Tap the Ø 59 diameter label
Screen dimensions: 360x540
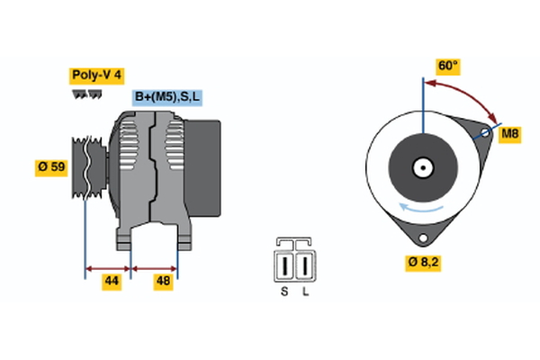(x=51, y=166)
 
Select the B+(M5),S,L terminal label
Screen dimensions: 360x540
(x=168, y=97)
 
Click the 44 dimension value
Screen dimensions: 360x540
(x=111, y=282)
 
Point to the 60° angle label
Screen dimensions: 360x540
(x=447, y=66)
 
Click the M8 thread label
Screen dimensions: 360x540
(x=510, y=134)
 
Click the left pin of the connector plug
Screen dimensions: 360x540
(x=286, y=266)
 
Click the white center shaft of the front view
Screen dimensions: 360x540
(x=421, y=166)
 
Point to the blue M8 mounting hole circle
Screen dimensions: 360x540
(x=484, y=134)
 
